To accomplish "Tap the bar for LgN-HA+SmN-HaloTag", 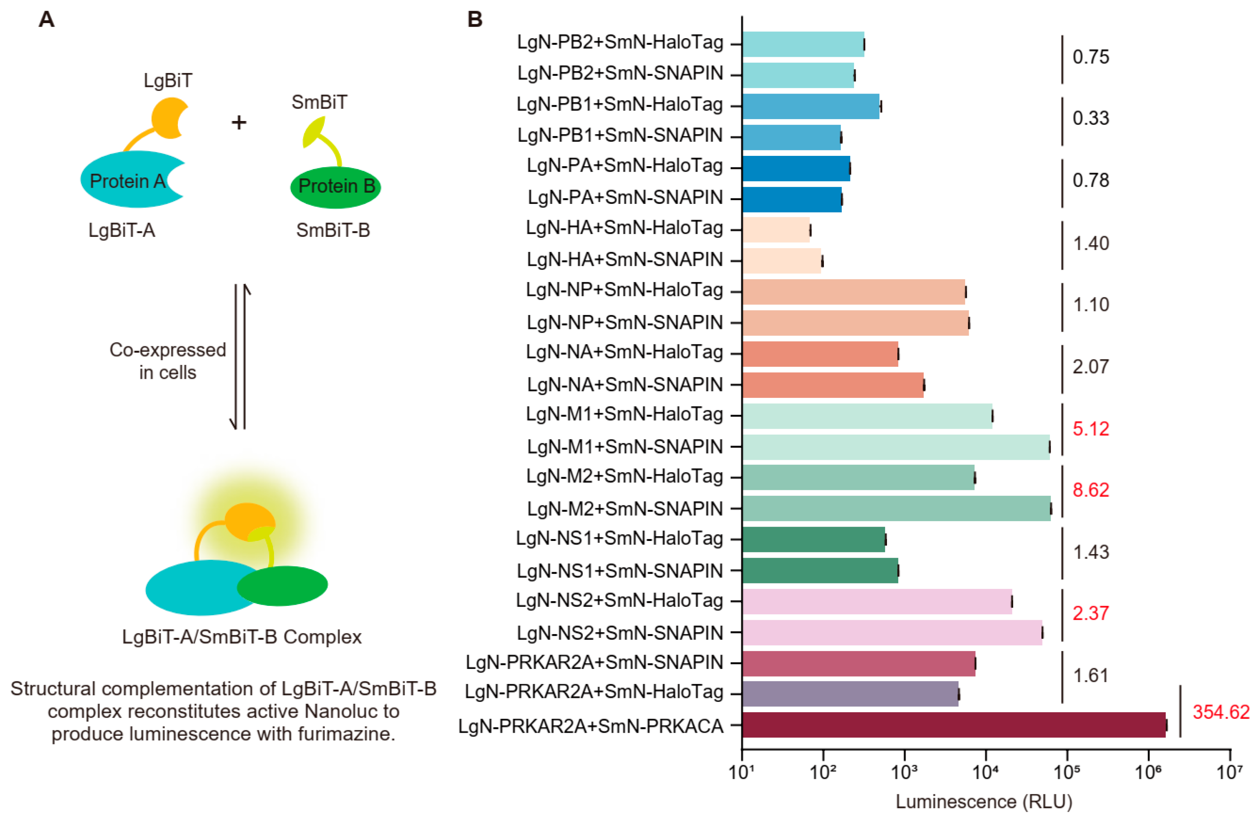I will click(776, 230).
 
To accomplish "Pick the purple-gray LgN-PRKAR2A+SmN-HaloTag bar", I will click(850, 693).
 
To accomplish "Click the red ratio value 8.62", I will click(1090, 490).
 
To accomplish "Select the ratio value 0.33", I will click(1090, 118).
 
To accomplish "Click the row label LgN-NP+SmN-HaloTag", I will click(624, 290).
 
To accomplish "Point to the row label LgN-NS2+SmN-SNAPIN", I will click(620, 632).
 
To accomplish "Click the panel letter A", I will click(47, 19).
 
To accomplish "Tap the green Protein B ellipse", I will click(336, 186).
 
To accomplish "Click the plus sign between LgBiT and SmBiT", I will click(239, 122).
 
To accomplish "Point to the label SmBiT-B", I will click(333, 230).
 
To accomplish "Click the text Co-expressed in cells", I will click(167, 361).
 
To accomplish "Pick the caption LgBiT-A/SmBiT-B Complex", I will click(242, 637).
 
